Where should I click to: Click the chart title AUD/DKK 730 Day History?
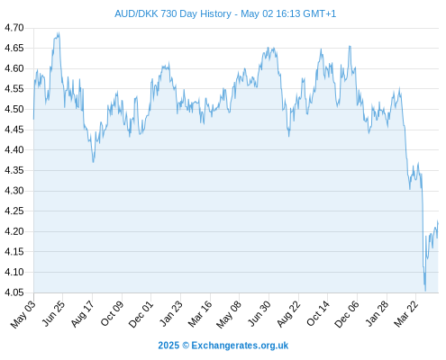coord(173,13)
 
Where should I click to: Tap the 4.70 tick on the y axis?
coord(14,28)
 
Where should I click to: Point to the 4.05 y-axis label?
coord(14,292)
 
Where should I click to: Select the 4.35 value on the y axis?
coord(14,170)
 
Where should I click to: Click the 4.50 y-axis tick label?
coord(14,109)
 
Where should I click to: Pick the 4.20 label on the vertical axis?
coord(14,231)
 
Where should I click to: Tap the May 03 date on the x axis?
coord(23,314)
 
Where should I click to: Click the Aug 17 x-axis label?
coord(83,314)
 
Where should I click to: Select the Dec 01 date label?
coord(141,314)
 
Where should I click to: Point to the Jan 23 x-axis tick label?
coord(171,314)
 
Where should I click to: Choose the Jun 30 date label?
coord(259,314)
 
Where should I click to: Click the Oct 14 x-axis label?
coord(318,314)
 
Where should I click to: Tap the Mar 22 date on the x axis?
coord(406,314)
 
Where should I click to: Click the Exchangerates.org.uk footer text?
coord(240,346)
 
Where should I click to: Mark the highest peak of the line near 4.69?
coord(59,33)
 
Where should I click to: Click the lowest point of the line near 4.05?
coord(425,291)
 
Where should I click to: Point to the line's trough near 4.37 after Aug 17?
coord(94,162)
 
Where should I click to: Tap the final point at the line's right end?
coord(438,223)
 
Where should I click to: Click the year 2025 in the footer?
coord(168,346)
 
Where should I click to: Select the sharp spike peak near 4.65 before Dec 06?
coord(350,46)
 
